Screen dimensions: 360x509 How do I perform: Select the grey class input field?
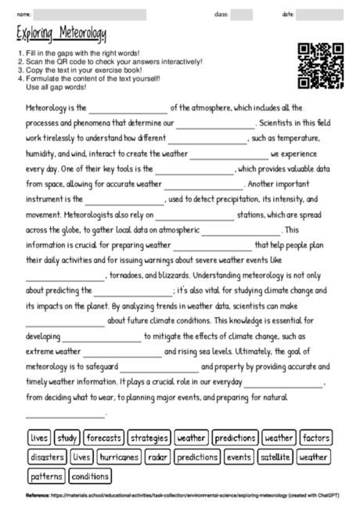(x=241, y=14)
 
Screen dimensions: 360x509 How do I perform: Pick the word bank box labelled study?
(x=67, y=438)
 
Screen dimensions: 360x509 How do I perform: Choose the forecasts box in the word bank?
(x=104, y=438)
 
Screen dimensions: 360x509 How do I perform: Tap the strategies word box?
(x=149, y=438)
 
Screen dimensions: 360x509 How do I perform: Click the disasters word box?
(x=46, y=457)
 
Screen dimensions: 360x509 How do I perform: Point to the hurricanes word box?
(x=119, y=457)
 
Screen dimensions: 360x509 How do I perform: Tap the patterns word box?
(x=46, y=475)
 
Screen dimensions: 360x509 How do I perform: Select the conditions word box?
(x=90, y=475)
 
